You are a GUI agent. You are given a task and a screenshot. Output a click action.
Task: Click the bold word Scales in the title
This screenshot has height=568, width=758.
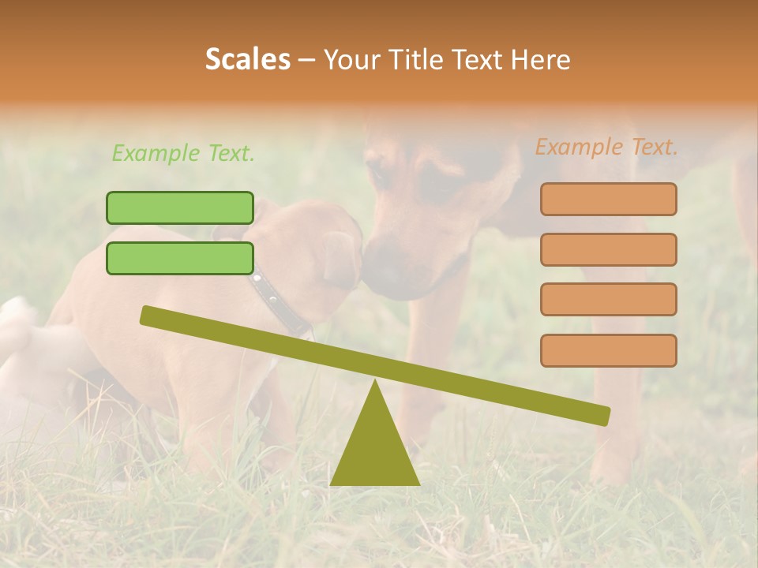pyautogui.click(x=247, y=59)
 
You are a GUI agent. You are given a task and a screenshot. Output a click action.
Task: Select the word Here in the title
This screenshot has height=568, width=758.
pyautogui.click(x=542, y=60)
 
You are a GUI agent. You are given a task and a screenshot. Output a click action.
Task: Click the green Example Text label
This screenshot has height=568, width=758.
pyautogui.click(x=183, y=153)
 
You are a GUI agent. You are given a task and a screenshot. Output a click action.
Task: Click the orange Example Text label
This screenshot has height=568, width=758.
pyautogui.click(x=606, y=147)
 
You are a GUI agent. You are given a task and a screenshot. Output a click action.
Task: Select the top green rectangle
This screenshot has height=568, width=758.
pyautogui.click(x=180, y=207)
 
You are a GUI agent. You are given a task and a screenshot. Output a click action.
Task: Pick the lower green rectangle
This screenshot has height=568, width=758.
pyautogui.click(x=180, y=258)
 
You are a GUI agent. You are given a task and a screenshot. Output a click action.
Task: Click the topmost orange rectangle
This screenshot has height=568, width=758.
pyautogui.click(x=608, y=199)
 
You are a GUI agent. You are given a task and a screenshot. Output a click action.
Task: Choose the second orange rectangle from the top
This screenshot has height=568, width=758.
pyautogui.click(x=608, y=249)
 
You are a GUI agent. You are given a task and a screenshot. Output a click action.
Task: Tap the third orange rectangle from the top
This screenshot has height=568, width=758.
pyautogui.click(x=608, y=299)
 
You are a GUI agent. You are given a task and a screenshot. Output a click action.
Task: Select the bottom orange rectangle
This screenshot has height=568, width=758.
pyautogui.click(x=608, y=350)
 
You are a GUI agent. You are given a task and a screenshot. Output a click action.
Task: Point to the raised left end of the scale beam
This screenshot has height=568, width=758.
pyautogui.click(x=147, y=315)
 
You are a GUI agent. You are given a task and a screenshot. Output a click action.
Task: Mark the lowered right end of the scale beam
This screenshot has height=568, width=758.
pyautogui.click(x=603, y=416)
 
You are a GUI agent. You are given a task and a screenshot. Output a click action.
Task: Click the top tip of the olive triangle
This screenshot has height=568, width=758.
pyautogui.click(x=374, y=383)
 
